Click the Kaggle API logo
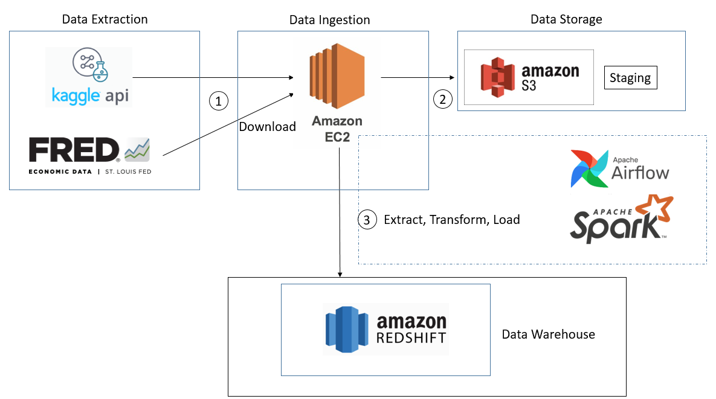pos(89,77)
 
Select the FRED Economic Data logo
pos(89,156)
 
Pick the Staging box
pos(630,78)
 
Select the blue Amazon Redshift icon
pos(347,329)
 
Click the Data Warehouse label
pos(548,334)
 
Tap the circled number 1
pos(218,100)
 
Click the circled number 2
pos(442,100)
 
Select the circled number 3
pos(366,220)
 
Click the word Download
pos(267,127)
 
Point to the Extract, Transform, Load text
pos(452,220)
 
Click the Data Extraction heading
pos(105,19)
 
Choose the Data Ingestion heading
pos(329,20)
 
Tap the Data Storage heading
pos(566,19)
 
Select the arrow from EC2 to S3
pos(417,77)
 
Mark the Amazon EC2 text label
pos(337,129)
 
